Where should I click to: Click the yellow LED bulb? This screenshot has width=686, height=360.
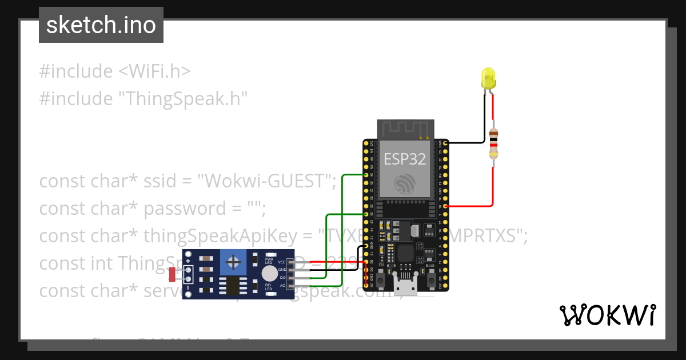[x=488, y=78]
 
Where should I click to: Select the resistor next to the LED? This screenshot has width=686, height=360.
[x=493, y=143]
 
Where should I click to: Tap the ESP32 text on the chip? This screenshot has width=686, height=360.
[x=405, y=159]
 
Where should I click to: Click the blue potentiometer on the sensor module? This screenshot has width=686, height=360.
[x=233, y=263]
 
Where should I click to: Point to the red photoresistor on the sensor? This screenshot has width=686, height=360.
[x=172, y=275]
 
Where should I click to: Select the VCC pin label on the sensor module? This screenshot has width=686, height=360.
[x=282, y=262]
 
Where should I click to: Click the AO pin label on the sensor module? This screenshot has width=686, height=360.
[x=282, y=284]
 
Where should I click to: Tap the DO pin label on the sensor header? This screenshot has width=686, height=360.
[x=282, y=277]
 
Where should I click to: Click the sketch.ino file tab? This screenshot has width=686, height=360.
[x=101, y=25]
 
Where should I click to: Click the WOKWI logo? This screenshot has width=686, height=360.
[x=607, y=315]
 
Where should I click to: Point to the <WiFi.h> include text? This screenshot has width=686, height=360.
[x=154, y=71]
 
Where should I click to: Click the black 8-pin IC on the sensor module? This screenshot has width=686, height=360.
[x=233, y=286]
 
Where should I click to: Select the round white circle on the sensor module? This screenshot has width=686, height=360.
[x=269, y=274]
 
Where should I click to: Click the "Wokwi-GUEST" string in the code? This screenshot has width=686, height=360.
[x=266, y=181]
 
